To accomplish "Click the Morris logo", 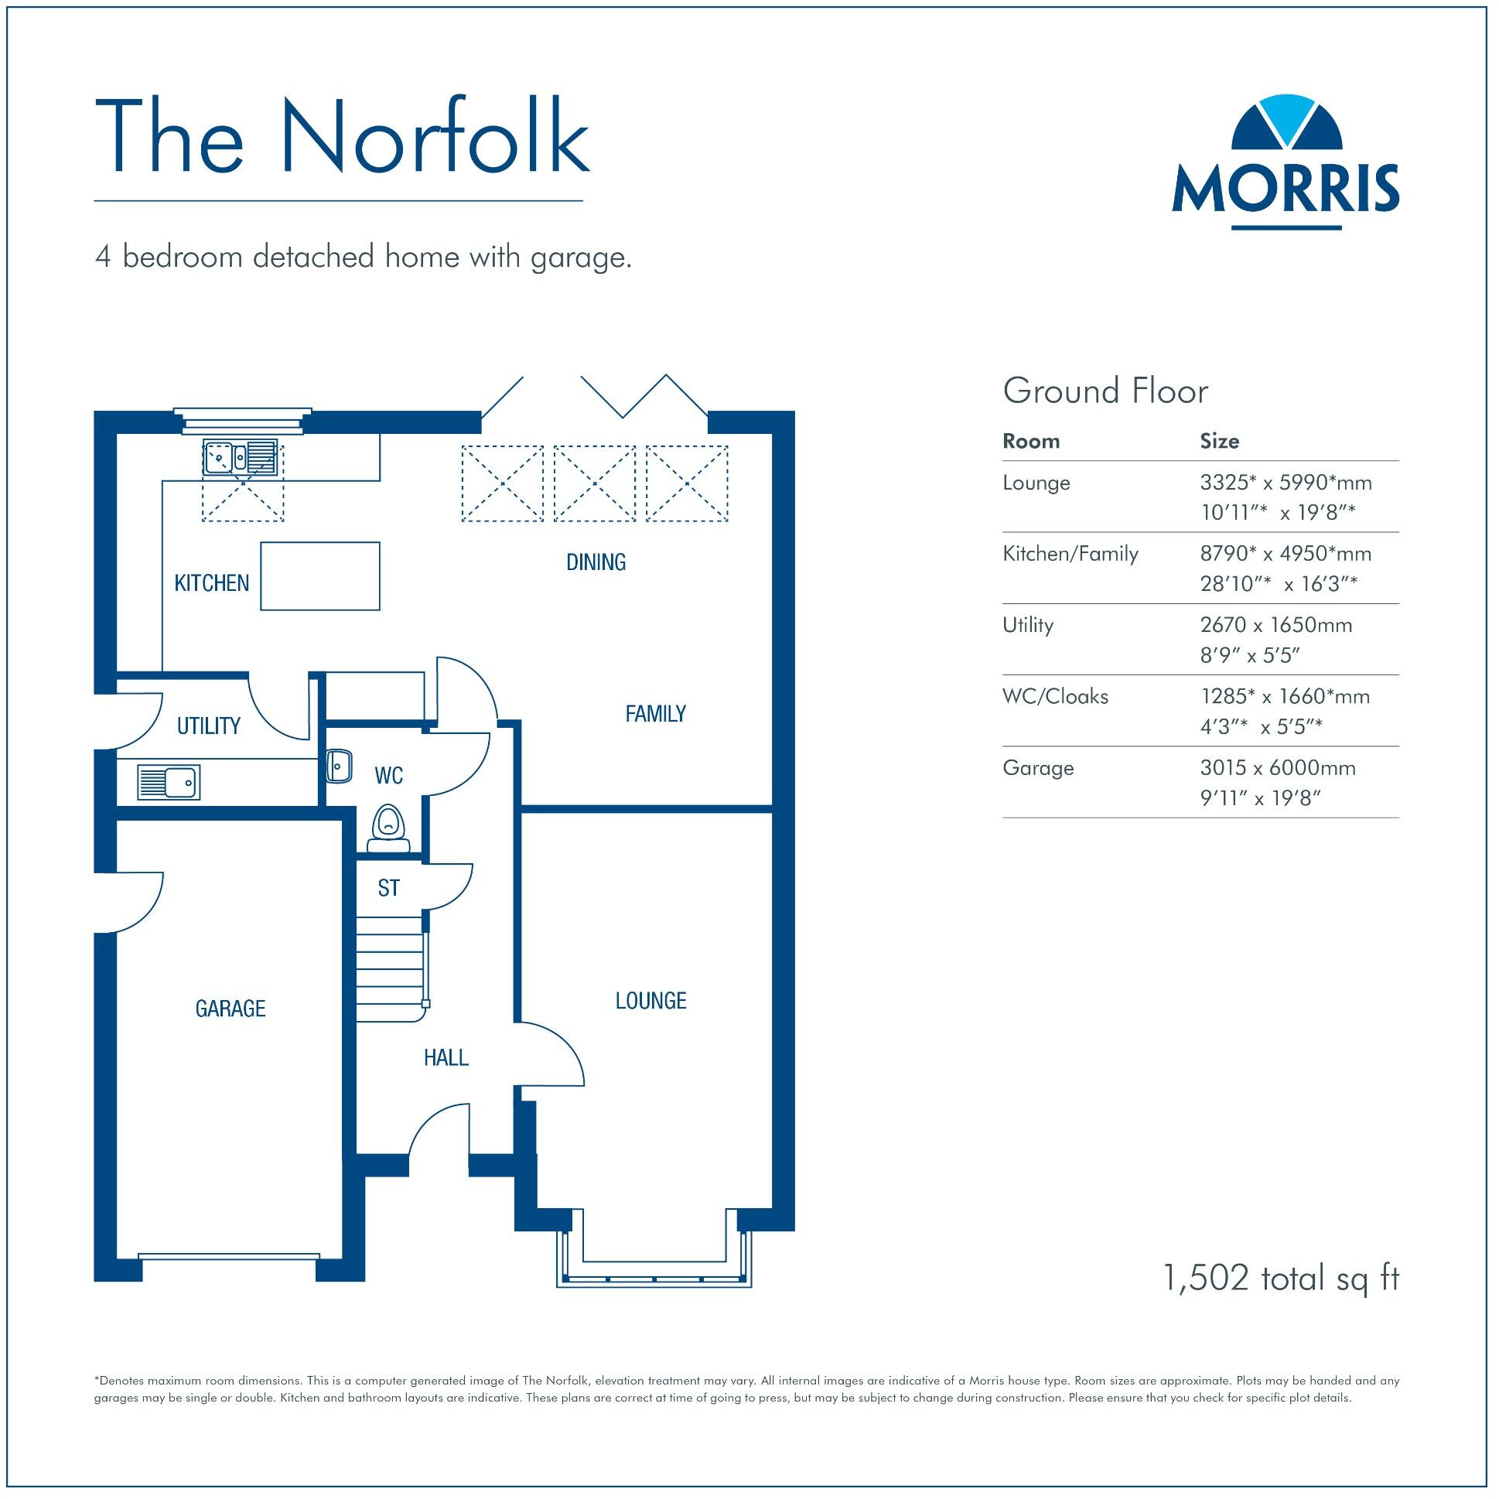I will click(x=1286, y=163).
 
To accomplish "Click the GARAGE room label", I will click(x=230, y=1009).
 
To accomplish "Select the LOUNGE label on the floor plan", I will click(x=650, y=1001).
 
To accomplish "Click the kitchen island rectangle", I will click(x=319, y=576).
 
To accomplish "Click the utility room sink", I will click(x=169, y=782).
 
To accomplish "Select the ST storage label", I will click(x=389, y=889).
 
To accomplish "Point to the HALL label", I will click(x=446, y=1057).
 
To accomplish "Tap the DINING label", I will click(x=595, y=562).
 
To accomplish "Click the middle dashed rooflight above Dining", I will click(x=594, y=483).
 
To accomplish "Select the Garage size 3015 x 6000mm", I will click(x=1277, y=768).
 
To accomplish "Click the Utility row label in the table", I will click(x=1027, y=626).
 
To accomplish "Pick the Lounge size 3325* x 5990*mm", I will click(x=1285, y=483).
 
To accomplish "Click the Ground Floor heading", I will click(x=1105, y=391).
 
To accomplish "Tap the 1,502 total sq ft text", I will click(x=1280, y=1278).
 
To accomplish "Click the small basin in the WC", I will click(x=339, y=767).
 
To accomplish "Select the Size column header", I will click(x=1219, y=442).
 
